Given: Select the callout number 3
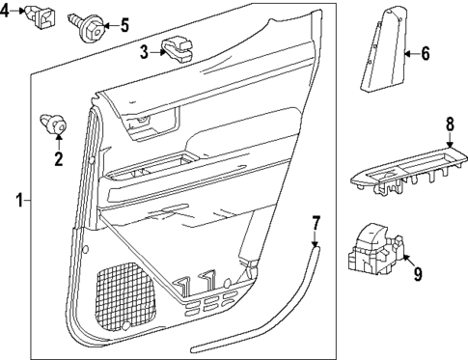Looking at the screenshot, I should [x=143, y=51].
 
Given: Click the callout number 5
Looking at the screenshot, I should [x=124, y=24].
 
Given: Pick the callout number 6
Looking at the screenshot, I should [x=426, y=54].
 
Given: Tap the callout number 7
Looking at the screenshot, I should [x=316, y=228].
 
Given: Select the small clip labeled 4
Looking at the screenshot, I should [x=41, y=14].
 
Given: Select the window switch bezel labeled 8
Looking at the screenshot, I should [x=405, y=168].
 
